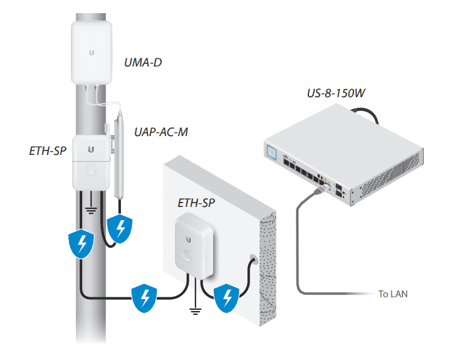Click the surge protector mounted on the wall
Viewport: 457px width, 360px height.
coord(195,241)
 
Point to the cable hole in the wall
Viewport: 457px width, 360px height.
coord(253,258)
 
